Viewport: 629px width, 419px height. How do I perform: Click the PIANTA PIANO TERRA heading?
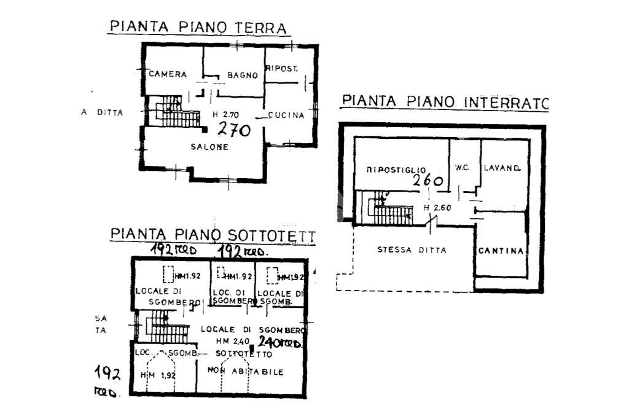198,28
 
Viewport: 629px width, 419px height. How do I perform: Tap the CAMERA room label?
167,74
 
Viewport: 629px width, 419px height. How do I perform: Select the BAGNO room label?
242,76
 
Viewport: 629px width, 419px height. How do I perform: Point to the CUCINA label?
286,115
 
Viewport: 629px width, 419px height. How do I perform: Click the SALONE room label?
209,147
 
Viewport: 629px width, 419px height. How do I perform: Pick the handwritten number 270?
234,130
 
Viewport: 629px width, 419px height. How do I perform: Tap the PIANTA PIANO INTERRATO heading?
445,102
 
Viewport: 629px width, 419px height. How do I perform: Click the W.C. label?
463,167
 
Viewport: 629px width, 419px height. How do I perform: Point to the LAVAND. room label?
502,167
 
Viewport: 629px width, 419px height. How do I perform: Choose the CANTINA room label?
502,251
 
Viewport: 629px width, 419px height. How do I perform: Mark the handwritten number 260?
428,181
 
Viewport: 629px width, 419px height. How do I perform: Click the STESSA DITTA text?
412,250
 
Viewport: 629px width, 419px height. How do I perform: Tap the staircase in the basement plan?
391,211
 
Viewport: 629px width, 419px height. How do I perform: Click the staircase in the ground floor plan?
174,113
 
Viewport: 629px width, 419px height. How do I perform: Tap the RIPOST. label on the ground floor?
282,69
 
